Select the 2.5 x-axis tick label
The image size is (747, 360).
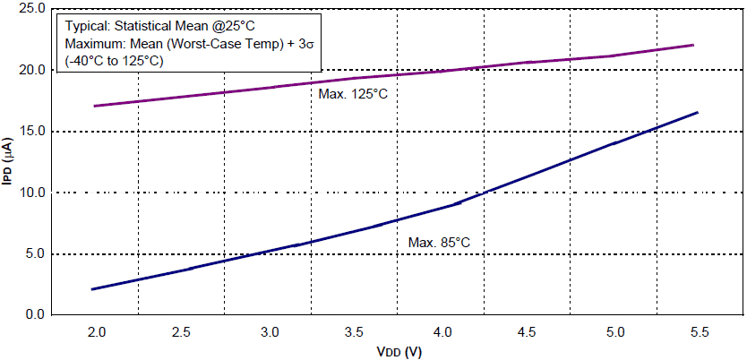[x=183, y=332]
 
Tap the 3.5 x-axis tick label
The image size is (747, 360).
[x=356, y=332]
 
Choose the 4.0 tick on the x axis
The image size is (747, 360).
[x=442, y=332]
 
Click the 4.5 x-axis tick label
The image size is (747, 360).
[x=528, y=332]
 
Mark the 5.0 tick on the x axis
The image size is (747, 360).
[x=615, y=332]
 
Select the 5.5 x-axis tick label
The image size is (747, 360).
[x=701, y=332]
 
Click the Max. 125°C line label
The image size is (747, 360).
[x=352, y=93]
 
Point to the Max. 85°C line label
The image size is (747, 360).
[x=439, y=242]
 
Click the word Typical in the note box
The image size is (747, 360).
[x=86, y=27]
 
